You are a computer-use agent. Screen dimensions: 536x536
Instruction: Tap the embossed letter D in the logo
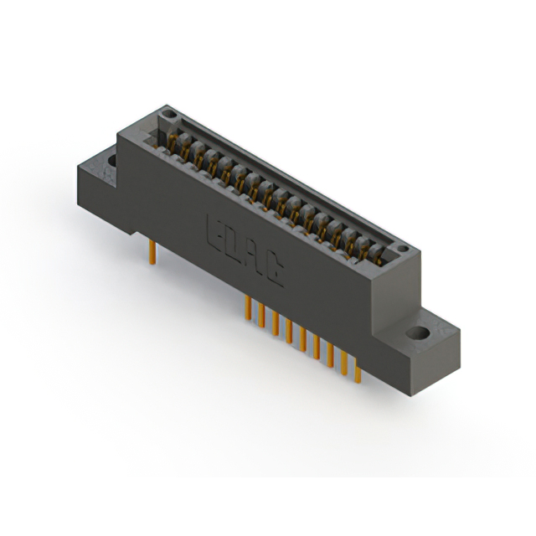coord(230,241)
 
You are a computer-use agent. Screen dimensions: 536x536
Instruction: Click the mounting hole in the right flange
coord(416,333)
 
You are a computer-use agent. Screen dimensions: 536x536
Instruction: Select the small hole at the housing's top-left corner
coord(169,112)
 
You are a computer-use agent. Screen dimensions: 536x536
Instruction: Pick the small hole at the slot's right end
coord(404,250)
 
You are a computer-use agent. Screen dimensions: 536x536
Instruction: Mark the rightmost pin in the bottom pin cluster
coord(358,378)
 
